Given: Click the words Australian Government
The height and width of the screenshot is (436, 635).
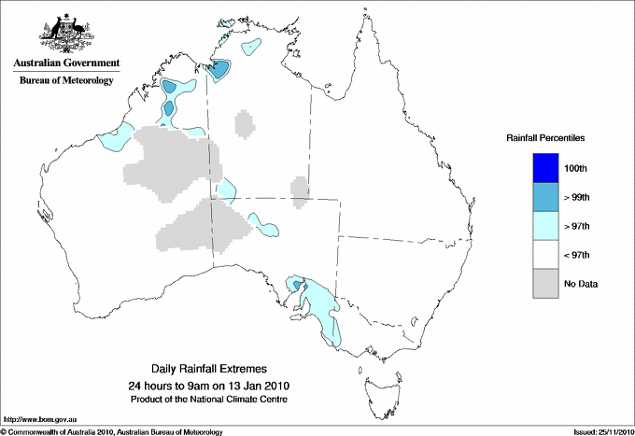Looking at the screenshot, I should [x=66, y=63].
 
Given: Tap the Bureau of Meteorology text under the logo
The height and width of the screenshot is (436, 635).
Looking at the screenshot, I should [x=66, y=80].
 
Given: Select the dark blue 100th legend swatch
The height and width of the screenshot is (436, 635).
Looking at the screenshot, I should [x=546, y=168].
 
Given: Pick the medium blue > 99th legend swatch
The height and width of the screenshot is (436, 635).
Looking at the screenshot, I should [x=546, y=197].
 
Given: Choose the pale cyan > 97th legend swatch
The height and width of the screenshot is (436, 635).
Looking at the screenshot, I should [x=546, y=226].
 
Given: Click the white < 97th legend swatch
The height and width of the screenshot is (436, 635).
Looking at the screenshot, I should [x=546, y=255].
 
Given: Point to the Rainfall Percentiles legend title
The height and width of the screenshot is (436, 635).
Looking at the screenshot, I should [x=545, y=138].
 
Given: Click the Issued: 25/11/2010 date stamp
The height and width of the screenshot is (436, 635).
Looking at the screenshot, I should [x=602, y=431].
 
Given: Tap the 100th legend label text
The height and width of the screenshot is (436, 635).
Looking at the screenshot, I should [x=576, y=168].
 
